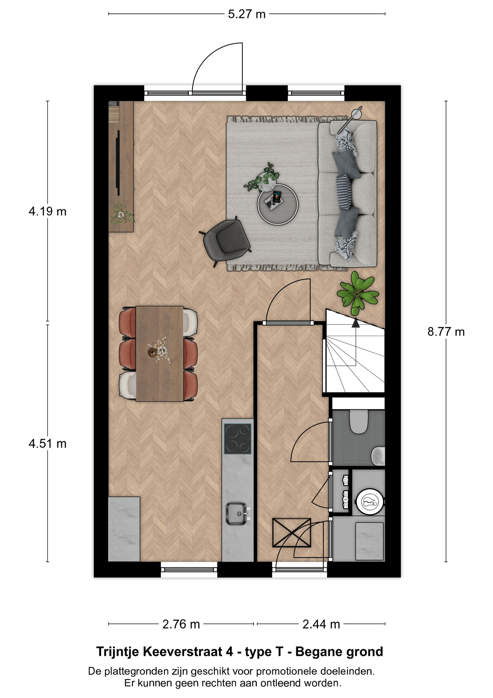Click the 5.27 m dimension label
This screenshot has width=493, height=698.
[246, 14]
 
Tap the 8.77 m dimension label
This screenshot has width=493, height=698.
[446, 332]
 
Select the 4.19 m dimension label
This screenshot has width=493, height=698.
[48, 211]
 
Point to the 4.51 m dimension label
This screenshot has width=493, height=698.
[48, 444]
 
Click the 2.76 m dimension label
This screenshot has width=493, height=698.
[181, 624]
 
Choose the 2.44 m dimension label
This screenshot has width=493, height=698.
[321, 624]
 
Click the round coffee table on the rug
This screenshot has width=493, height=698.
[278, 205]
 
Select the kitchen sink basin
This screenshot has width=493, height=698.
[236, 513]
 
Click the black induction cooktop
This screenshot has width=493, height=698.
[237, 439]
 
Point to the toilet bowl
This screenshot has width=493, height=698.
[358, 422]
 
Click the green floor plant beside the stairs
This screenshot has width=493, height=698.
[357, 293]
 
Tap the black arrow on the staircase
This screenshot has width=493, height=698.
[356, 322]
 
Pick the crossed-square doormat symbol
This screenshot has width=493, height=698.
[292, 532]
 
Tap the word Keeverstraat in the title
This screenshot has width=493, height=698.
[188, 651]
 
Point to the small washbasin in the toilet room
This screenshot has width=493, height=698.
[378, 456]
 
